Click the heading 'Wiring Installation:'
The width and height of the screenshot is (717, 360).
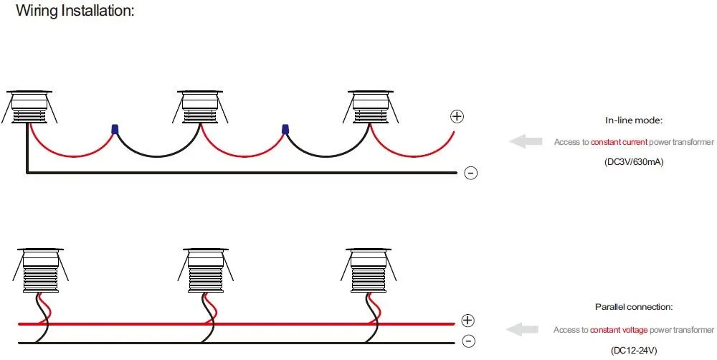coord(75,10)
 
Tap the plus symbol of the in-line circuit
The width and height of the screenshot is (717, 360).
coord(457,116)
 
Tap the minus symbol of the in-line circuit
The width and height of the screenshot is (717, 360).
coord(470,173)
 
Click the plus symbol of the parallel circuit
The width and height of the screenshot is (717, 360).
coord(467,321)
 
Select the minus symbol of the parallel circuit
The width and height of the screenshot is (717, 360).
coord(468,341)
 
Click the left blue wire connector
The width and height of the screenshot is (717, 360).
coord(115,129)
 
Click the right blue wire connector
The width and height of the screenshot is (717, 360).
coord(285,129)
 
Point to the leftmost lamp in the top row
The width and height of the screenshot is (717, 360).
coord(29,107)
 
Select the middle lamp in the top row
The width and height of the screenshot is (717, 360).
coord(200,107)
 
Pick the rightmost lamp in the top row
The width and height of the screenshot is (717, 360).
coord(371,107)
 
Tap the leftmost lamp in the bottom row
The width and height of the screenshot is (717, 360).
coord(41,270)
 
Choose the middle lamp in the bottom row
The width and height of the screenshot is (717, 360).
coord(205,270)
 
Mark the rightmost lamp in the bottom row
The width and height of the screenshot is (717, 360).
coord(369,270)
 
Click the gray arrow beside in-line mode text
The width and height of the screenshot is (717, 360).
coord(526,142)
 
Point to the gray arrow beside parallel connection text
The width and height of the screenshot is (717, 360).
coord(522,329)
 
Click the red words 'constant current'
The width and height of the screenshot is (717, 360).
coord(619,142)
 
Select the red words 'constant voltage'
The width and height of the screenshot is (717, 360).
coord(619,330)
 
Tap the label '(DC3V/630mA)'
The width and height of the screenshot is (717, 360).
coord(634,162)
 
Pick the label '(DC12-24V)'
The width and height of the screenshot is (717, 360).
coord(634,351)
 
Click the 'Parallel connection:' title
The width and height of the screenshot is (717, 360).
coord(634,307)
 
